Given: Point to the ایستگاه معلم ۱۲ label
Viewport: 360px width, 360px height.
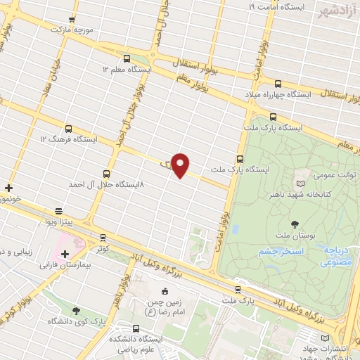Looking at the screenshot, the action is click(x=127, y=70).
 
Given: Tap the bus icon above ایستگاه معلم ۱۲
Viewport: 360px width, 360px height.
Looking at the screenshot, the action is click(x=127, y=58).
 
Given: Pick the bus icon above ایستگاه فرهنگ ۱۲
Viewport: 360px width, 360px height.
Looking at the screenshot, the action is click(x=68, y=129).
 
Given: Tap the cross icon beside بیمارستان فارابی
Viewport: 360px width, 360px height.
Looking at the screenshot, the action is click(x=65, y=253).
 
